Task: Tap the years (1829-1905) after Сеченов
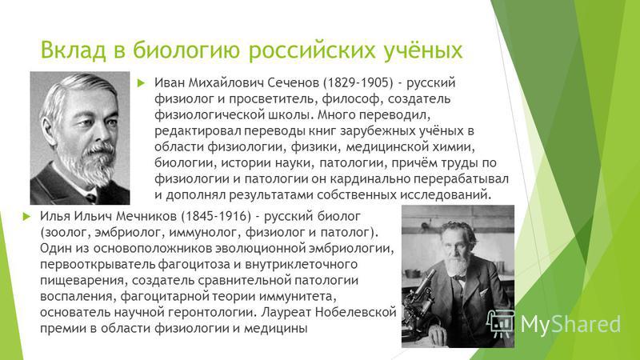click(358, 83)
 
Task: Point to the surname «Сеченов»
click(293, 83)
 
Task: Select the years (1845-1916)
click(216, 216)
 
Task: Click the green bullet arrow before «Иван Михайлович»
click(142, 83)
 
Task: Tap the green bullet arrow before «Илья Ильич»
click(27, 216)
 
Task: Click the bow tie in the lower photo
click(460, 278)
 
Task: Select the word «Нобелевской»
click(356, 312)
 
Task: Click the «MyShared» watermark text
click(570, 325)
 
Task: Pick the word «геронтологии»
click(210, 313)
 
